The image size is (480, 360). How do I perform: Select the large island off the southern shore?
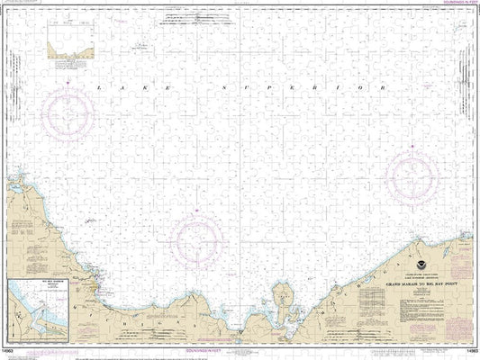point(280,296)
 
